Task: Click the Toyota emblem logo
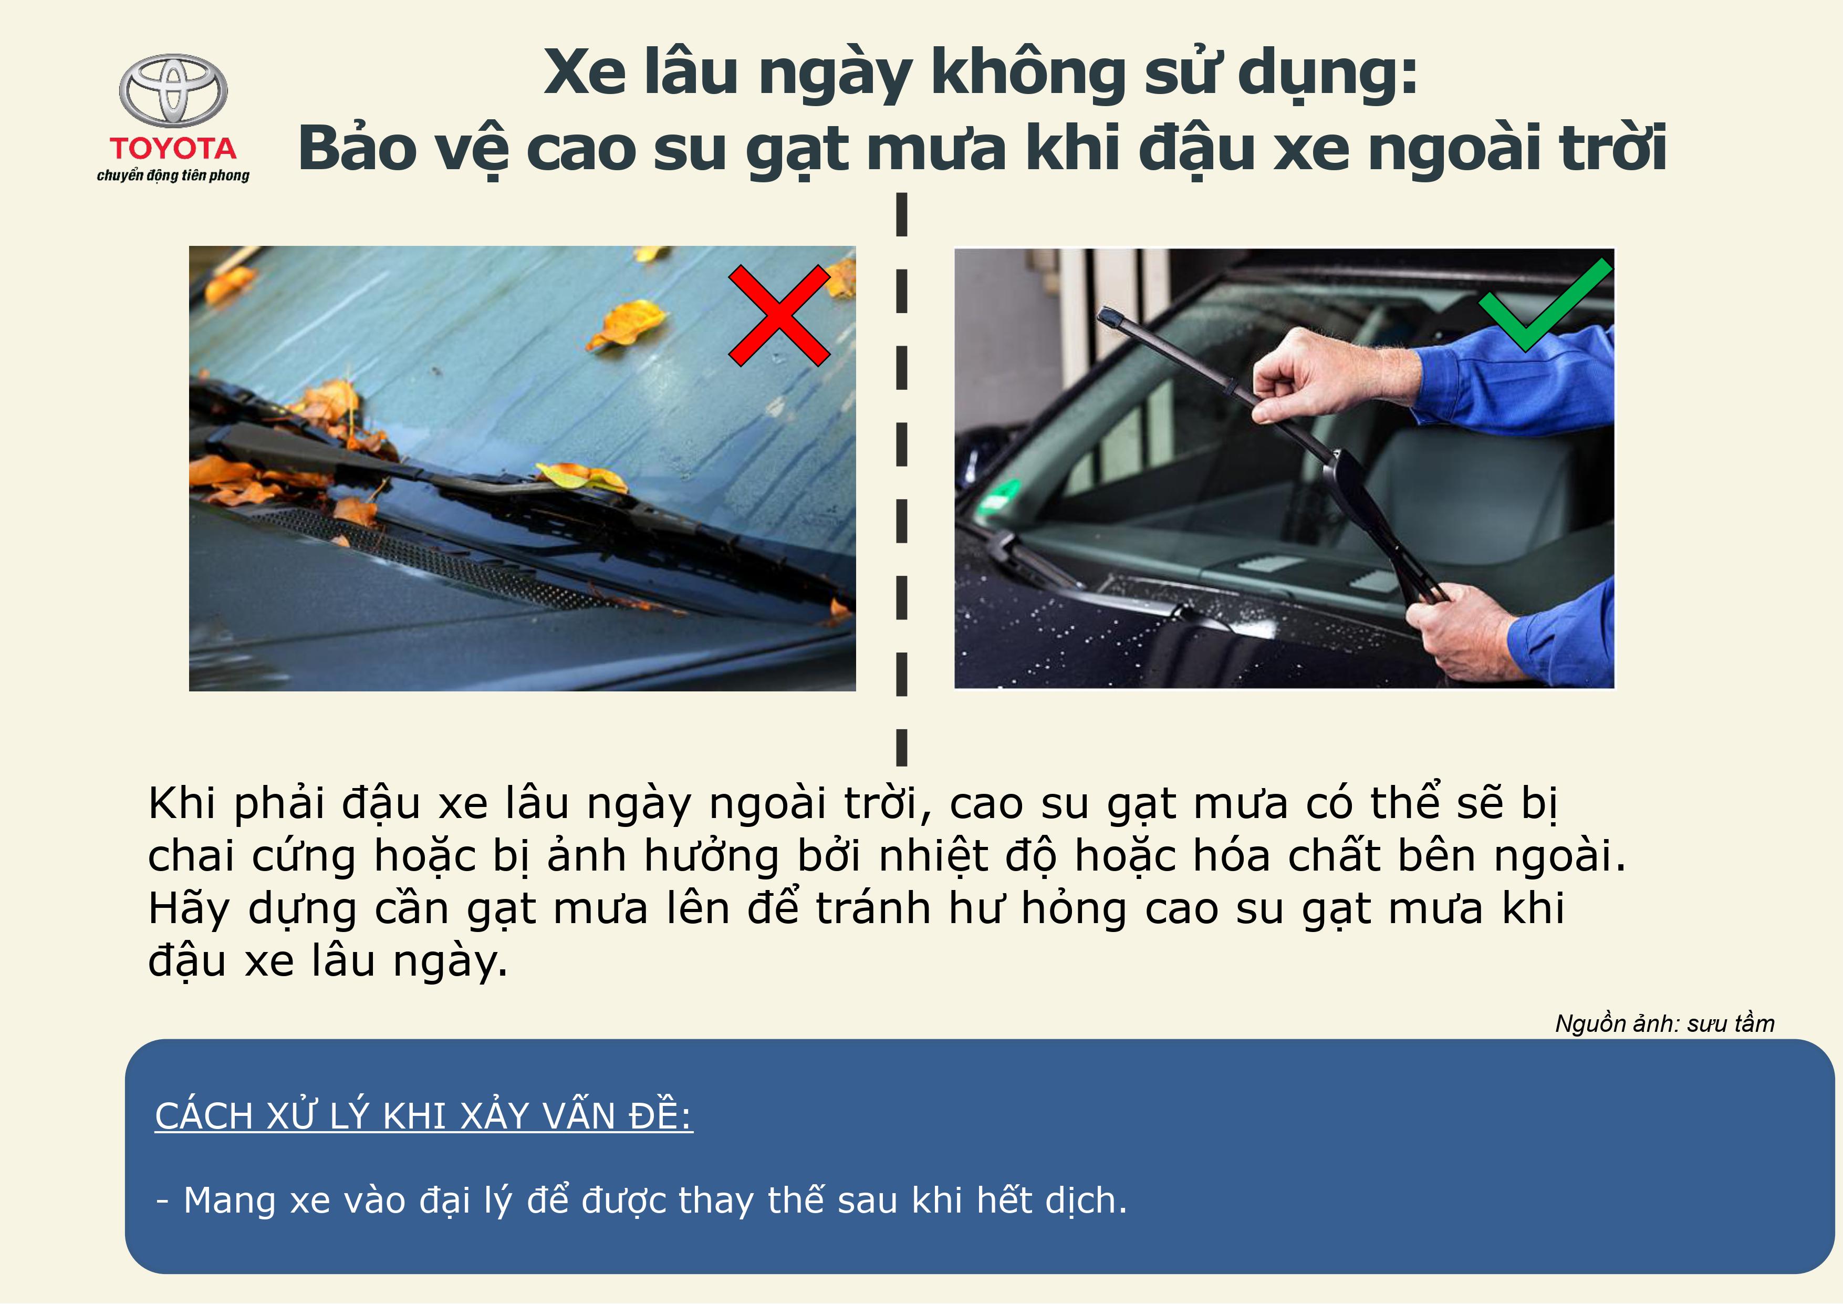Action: coord(173,91)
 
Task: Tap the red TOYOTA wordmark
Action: coord(173,149)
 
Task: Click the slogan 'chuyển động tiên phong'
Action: coord(173,175)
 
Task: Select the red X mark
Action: coord(778,316)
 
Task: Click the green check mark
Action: coord(1545,305)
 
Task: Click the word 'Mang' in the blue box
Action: coord(230,1201)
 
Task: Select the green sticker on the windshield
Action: coord(999,493)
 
